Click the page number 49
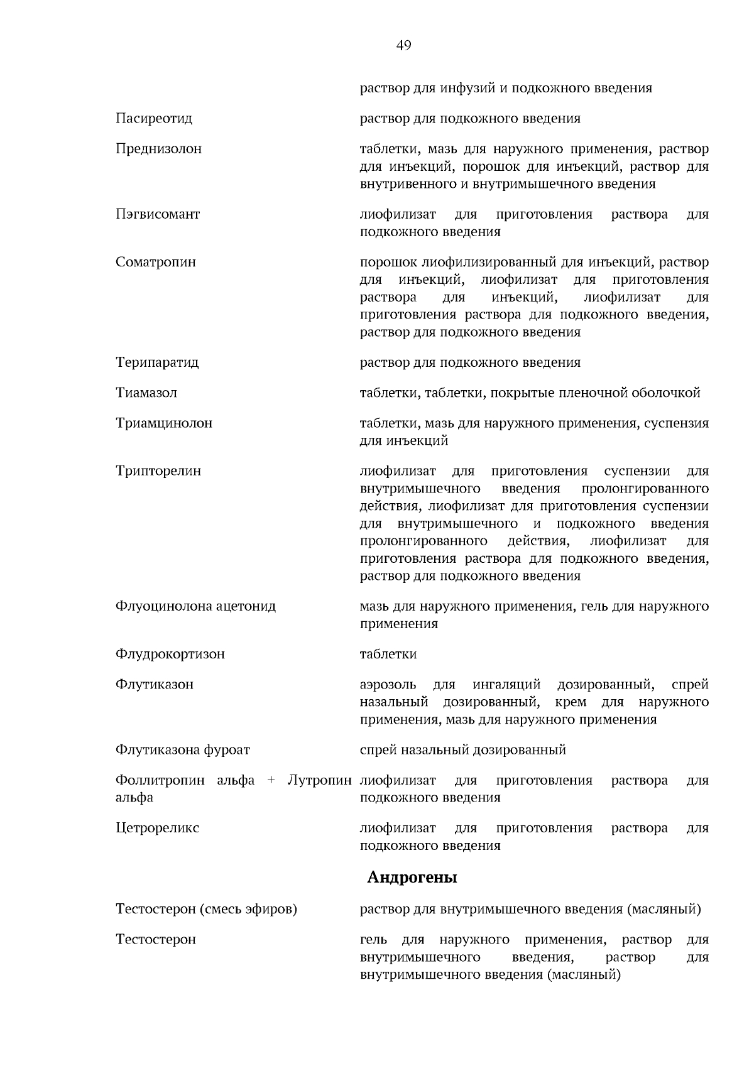click(404, 45)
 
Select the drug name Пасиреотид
click(154, 119)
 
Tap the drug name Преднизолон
click(159, 150)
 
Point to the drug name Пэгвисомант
click(158, 215)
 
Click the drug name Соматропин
click(156, 263)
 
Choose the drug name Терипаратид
click(157, 363)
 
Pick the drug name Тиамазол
click(146, 393)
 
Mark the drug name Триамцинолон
click(164, 423)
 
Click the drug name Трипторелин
click(158, 471)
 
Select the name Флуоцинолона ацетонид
click(195, 607)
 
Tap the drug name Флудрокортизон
click(170, 655)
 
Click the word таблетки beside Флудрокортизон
click(388, 655)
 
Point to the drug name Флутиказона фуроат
click(183, 750)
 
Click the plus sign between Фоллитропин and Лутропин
click(271, 781)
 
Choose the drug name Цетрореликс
click(158, 829)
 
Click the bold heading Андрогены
click(412, 878)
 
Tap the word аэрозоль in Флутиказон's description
click(388, 685)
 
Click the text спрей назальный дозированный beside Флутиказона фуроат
click(462, 750)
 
